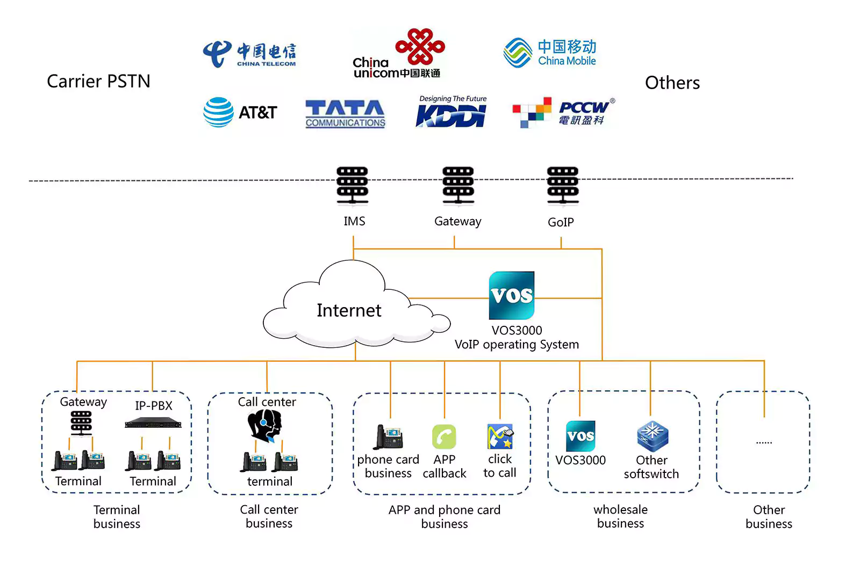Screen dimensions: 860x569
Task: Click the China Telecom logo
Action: [249, 54]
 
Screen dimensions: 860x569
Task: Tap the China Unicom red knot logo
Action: [420, 46]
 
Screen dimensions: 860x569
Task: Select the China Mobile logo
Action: [549, 53]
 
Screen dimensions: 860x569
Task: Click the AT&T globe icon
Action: [218, 112]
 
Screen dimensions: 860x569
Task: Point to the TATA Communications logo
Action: [345, 113]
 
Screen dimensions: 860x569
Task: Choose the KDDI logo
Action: [451, 111]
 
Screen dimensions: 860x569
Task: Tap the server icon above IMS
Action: [353, 185]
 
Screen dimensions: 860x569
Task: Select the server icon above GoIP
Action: [563, 185]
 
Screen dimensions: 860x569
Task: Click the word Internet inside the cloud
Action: [349, 310]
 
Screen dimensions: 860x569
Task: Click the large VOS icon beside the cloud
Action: [511, 295]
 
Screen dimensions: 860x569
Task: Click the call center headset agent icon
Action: [264, 425]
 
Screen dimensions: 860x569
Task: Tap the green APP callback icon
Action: [444, 436]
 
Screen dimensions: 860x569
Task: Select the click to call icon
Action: [500, 436]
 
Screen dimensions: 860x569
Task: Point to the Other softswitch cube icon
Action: [653, 436]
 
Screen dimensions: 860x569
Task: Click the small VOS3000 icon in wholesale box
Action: [580, 436]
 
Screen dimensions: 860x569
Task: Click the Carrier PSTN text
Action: [99, 81]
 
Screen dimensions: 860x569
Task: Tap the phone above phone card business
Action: [388, 437]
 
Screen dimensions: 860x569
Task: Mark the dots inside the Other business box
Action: [764, 443]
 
